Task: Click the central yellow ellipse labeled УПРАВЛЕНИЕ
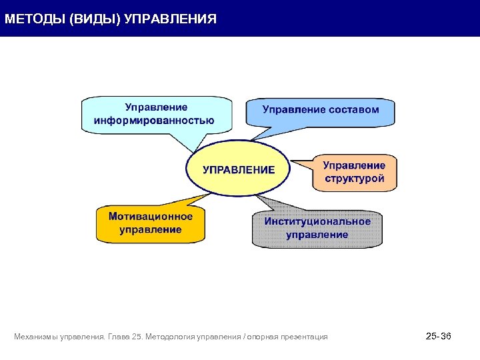pyautogui.click(x=239, y=169)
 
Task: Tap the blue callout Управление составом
pyautogui.click(x=321, y=111)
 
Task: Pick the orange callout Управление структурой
pyautogui.click(x=354, y=172)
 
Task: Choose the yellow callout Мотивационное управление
pyautogui.click(x=150, y=223)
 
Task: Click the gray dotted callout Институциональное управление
pyautogui.click(x=317, y=228)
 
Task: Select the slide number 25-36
pyautogui.click(x=438, y=336)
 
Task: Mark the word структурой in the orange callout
pyautogui.click(x=354, y=179)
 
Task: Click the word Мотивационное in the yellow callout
pyautogui.click(x=151, y=217)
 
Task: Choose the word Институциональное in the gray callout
pyautogui.click(x=317, y=221)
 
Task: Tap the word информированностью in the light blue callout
pyautogui.click(x=154, y=121)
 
